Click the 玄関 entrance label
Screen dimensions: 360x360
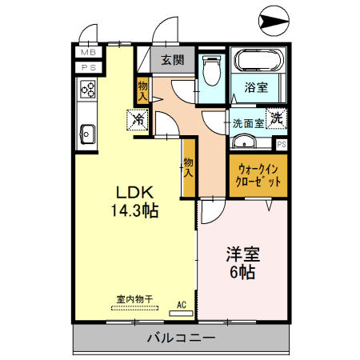click(172, 59)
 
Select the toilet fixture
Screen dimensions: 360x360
click(211, 73)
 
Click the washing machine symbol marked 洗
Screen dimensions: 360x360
click(276, 118)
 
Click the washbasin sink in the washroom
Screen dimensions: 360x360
click(245, 143)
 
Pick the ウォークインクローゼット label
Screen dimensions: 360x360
click(258, 174)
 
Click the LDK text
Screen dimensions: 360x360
click(134, 193)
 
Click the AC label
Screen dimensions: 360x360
click(181, 304)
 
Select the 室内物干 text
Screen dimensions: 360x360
click(134, 299)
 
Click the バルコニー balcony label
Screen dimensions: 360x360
click(181, 339)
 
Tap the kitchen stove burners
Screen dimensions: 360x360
click(87, 90)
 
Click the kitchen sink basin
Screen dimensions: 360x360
click(86, 133)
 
